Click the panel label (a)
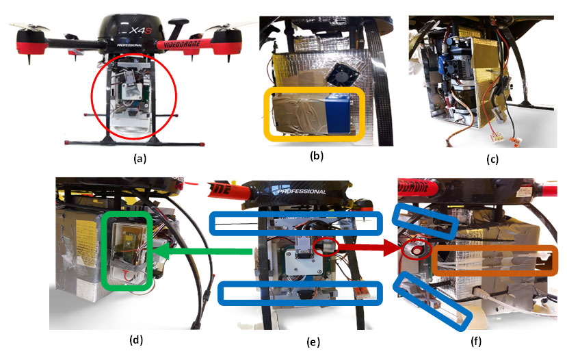point(140,159)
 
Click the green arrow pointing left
point(202,254)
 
